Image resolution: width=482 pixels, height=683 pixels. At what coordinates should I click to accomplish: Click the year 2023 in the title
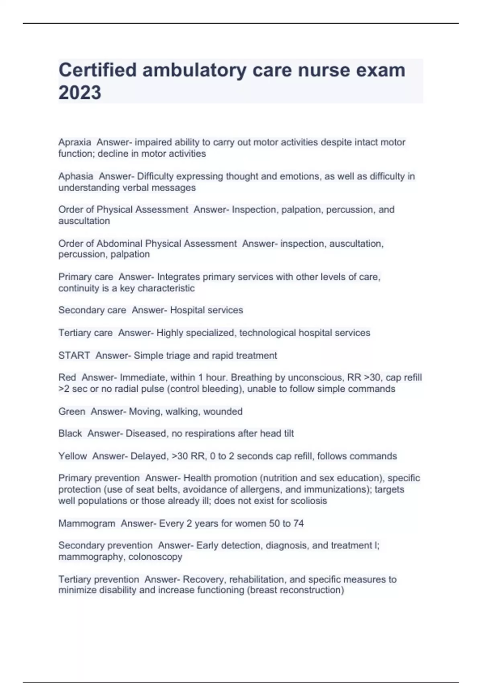pyautogui.click(x=80, y=92)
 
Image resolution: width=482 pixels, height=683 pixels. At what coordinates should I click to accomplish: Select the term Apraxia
pyautogui.click(x=75, y=142)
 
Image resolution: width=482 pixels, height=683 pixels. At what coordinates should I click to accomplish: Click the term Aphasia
pyautogui.click(x=76, y=176)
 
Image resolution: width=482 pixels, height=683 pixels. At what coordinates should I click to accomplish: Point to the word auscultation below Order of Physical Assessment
pyautogui.click(x=84, y=221)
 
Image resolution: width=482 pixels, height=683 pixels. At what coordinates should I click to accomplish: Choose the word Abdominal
pyautogui.click(x=119, y=243)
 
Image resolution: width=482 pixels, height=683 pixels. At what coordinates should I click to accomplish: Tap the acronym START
pyautogui.click(x=74, y=356)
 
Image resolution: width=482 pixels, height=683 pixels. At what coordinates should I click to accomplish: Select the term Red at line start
pyautogui.click(x=67, y=377)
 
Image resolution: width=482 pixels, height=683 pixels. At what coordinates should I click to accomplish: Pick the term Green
pyautogui.click(x=71, y=411)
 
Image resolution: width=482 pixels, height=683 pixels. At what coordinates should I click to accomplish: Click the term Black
pyautogui.click(x=70, y=434)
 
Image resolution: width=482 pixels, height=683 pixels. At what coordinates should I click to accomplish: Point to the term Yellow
pyautogui.click(x=72, y=456)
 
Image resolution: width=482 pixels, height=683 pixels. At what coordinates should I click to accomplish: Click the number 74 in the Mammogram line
pyautogui.click(x=298, y=523)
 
